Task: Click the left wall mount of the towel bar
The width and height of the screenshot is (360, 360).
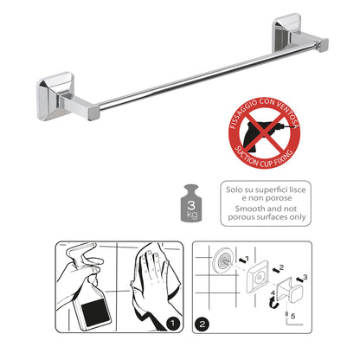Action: (55, 96)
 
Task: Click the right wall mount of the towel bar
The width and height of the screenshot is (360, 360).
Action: (287, 33)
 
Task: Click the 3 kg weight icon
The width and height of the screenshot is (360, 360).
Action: (191, 203)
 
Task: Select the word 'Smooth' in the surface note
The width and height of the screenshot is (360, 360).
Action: (248, 209)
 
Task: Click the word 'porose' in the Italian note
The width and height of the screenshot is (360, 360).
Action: (279, 198)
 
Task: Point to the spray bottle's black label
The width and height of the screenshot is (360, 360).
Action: (96, 313)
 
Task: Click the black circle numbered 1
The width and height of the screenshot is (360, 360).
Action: (173, 323)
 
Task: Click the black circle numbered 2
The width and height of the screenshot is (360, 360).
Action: (202, 324)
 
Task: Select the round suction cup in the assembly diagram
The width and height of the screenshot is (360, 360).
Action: (223, 259)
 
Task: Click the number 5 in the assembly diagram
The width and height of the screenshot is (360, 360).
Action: (293, 316)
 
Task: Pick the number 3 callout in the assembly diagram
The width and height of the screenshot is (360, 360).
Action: (305, 278)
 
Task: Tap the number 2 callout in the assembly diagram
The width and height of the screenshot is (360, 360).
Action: (281, 267)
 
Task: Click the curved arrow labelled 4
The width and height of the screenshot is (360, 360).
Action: (272, 304)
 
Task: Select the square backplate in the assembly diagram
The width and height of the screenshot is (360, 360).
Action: (258, 277)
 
